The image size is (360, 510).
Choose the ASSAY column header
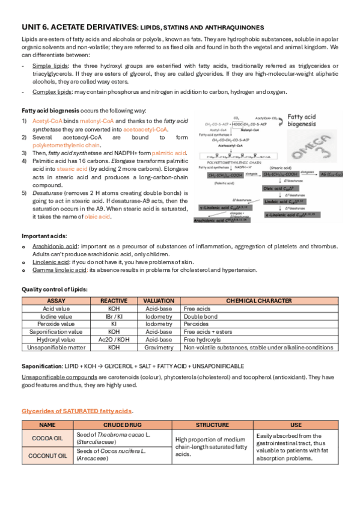click(55, 300)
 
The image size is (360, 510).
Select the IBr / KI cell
click(114, 315)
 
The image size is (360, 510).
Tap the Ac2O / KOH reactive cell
click(114, 339)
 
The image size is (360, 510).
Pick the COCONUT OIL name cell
click(46, 455)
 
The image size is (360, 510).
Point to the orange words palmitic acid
click(174, 153)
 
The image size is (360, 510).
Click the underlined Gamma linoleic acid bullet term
click(59, 270)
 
